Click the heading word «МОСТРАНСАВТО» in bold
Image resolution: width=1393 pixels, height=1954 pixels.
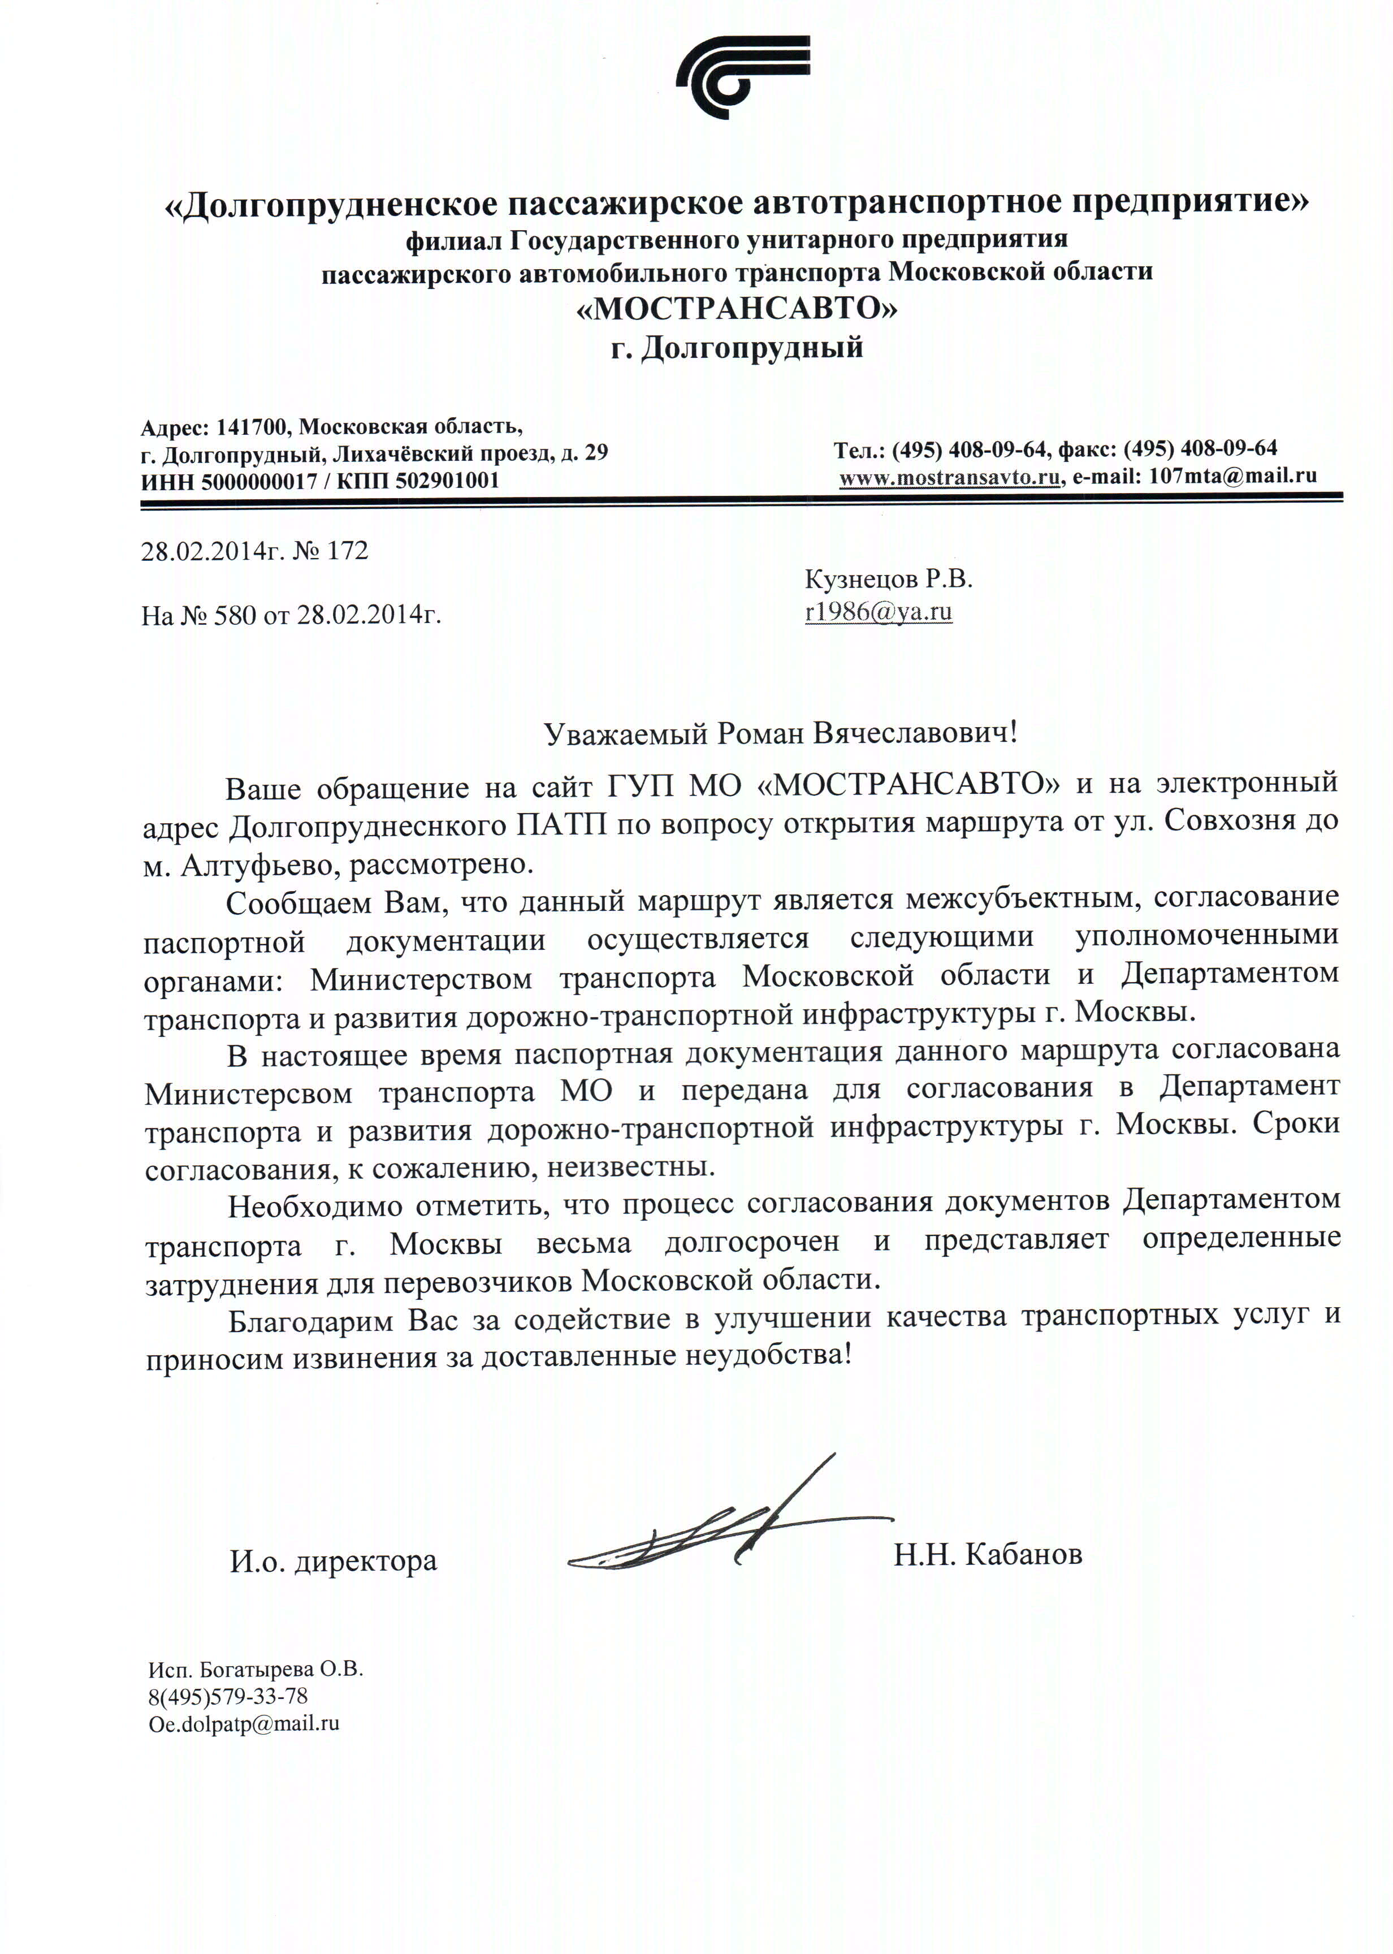[x=738, y=309]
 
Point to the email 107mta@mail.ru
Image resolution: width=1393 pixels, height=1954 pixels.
[x=1232, y=476]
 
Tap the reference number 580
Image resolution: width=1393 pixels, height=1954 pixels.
[x=231, y=615]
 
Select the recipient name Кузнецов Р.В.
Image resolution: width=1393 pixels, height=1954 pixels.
[x=889, y=580]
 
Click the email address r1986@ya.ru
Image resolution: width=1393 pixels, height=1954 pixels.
[x=879, y=612]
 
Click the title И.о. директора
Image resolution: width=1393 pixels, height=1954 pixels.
[x=333, y=1561]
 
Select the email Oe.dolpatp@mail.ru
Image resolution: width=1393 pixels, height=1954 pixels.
[x=244, y=1723]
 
